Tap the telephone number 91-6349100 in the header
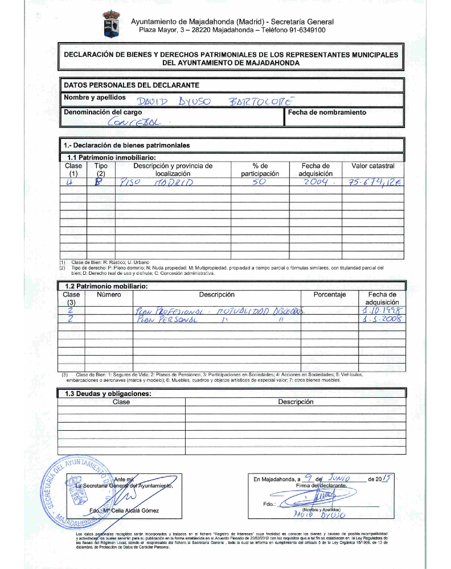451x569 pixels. pos(301,30)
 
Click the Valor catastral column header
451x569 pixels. pos(373,166)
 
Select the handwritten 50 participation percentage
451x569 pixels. pos(260,182)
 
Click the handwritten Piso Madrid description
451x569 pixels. pos(157,183)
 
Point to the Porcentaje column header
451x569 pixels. pos(330,295)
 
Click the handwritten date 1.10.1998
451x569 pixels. pos(382,311)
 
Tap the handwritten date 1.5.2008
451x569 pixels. pos(382,320)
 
